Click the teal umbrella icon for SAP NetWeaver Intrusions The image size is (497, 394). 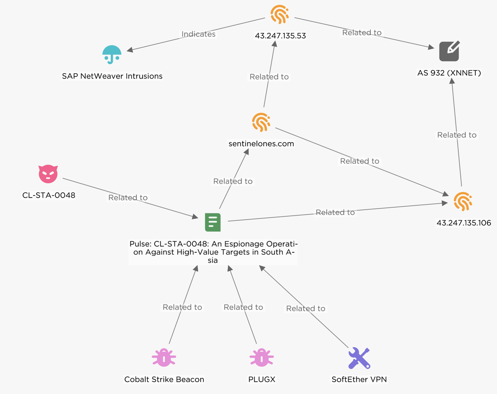(x=112, y=55)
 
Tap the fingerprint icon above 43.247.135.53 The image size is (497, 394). (x=280, y=14)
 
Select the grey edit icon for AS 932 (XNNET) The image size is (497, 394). (x=449, y=51)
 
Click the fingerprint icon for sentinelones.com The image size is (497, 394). (x=261, y=122)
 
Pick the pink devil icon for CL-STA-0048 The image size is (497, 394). (x=48, y=174)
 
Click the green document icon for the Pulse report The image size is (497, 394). (x=213, y=222)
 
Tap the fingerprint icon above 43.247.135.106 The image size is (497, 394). (x=463, y=201)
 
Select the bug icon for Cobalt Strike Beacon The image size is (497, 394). (x=164, y=358)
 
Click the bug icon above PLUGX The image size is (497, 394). (x=262, y=358)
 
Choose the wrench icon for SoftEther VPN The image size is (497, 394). (x=359, y=358)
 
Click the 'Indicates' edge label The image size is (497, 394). (x=199, y=34)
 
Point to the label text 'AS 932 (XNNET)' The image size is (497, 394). (x=449, y=73)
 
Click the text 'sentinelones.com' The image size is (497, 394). (x=261, y=144)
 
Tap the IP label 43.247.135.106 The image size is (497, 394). (x=464, y=223)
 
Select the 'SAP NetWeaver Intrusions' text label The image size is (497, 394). (x=112, y=76)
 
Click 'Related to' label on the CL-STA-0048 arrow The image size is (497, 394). (x=128, y=198)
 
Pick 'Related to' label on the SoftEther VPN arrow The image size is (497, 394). (x=306, y=309)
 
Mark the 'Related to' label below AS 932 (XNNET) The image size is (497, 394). (x=457, y=135)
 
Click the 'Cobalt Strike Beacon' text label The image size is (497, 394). (x=164, y=380)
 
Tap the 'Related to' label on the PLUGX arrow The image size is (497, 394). (x=243, y=307)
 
